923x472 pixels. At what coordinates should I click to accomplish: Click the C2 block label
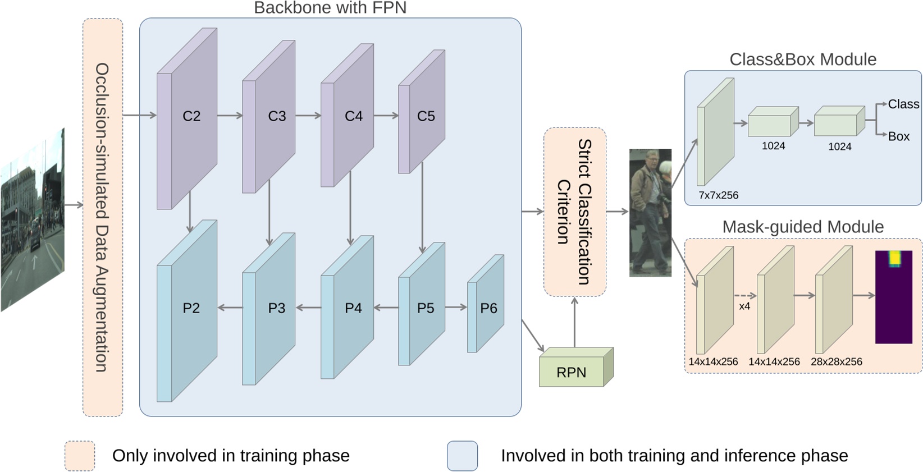click(191, 116)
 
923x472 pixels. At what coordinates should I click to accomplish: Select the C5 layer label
click(426, 116)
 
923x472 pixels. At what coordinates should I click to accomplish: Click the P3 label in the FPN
click(276, 308)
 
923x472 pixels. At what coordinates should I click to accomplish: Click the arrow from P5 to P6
click(455, 307)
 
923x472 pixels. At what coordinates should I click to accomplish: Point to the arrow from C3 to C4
click(308, 116)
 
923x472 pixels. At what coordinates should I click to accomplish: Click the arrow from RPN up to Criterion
click(574, 322)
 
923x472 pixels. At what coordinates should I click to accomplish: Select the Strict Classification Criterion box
click(574, 212)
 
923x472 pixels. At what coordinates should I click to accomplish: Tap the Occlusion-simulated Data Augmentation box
click(103, 217)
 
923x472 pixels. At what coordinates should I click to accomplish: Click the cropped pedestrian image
click(650, 213)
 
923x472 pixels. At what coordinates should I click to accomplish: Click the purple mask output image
click(894, 297)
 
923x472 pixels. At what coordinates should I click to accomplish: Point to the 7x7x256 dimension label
click(718, 195)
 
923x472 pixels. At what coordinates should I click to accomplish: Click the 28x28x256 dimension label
click(836, 362)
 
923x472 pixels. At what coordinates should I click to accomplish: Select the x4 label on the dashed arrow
click(744, 306)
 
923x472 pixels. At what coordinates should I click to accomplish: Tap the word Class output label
click(903, 104)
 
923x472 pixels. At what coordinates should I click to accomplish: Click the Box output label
click(898, 136)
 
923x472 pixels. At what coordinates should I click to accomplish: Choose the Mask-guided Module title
click(802, 227)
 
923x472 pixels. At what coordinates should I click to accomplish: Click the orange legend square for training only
click(80, 456)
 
